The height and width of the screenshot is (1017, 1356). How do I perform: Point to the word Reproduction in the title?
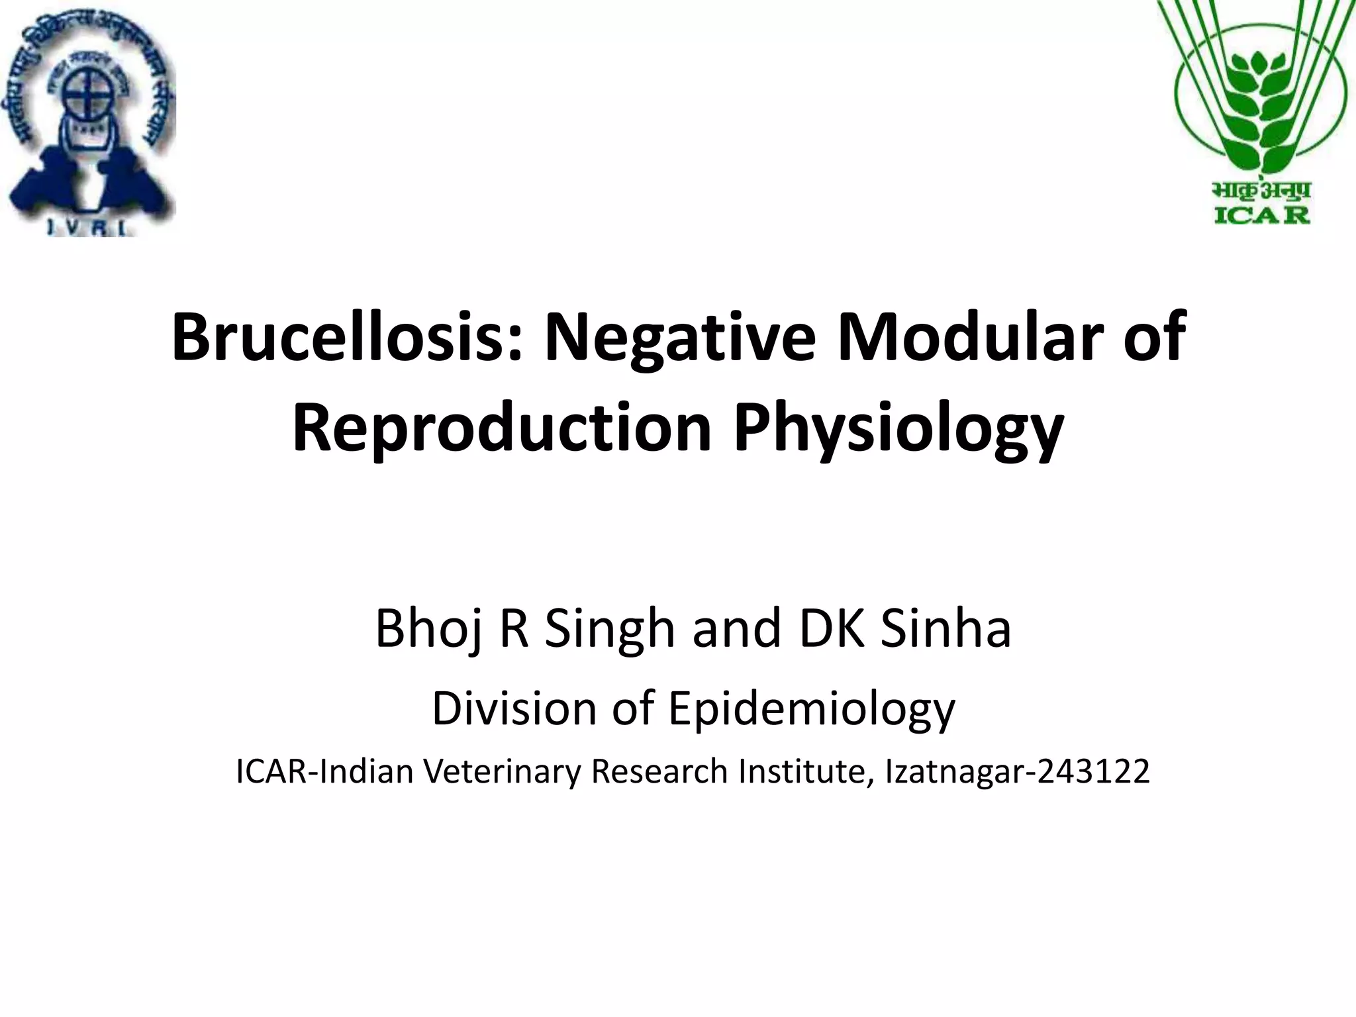[x=502, y=430]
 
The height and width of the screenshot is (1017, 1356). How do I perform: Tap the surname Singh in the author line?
[x=610, y=630]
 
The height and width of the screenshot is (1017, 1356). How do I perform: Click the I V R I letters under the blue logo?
[x=91, y=227]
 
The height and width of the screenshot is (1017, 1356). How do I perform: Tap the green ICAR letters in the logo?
[x=1262, y=215]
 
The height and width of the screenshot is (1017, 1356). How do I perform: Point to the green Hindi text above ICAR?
[x=1262, y=191]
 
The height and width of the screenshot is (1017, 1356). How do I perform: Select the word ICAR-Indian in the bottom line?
[x=324, y=771]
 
